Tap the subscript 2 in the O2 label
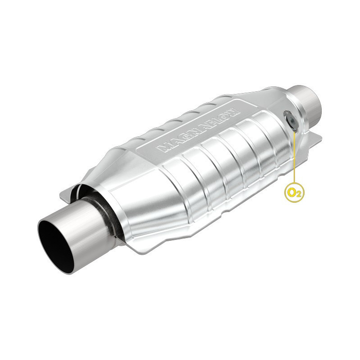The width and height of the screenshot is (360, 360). click(297, 195)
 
